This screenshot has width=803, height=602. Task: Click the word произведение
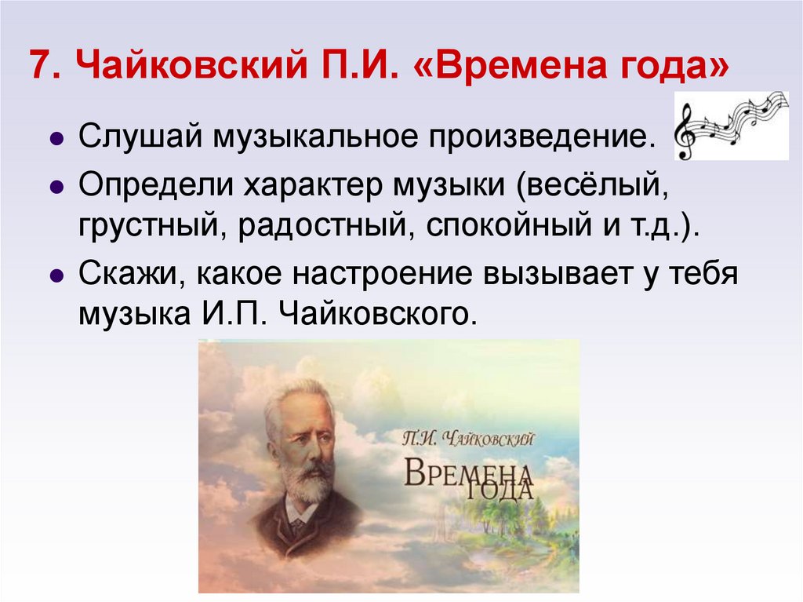coord(543,137)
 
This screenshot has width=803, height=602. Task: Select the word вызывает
coord(554,277)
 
